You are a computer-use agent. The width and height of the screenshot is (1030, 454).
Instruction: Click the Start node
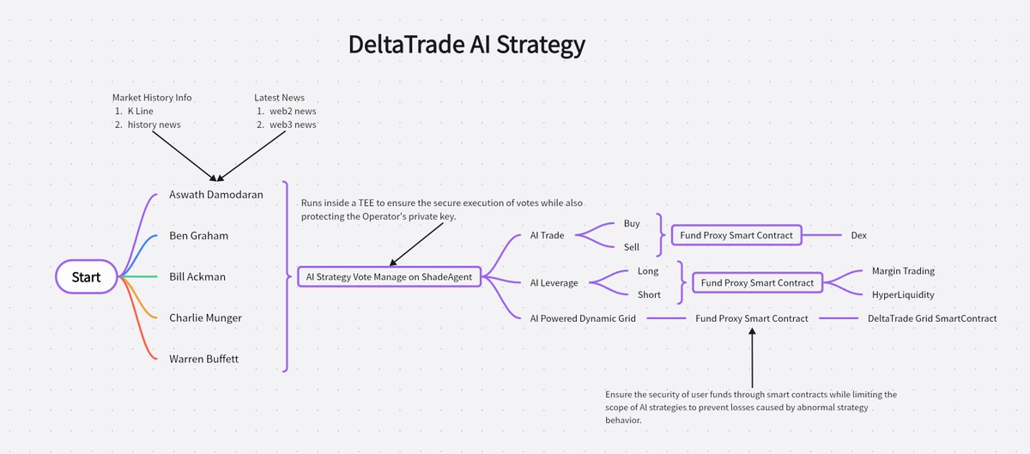click(x=85, y=276)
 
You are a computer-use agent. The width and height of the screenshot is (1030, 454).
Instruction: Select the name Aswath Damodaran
click(x=215, y=194)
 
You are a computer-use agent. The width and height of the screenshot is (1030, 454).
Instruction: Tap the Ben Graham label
click(x=198, y=235)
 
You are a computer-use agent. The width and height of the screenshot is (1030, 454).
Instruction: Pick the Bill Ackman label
click(x=198, y=276)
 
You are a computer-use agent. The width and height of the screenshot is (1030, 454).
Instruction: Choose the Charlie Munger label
click(x=205, y=318)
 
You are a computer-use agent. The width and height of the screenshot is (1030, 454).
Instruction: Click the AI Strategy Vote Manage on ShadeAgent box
click(x=389, y=276)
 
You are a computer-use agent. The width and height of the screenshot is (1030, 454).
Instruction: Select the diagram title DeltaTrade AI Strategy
click(x=466, y=45)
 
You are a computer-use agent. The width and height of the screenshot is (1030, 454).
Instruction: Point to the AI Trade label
click(x=542, y=235)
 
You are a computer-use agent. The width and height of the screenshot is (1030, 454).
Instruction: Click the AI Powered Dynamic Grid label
click(x=583, y=318)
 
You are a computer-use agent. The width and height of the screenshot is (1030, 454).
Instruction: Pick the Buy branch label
click(x=631, y=223)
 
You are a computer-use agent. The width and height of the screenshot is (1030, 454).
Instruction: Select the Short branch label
click(x=648, y=294)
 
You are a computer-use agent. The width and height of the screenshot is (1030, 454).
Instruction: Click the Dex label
click(x=858, y=235)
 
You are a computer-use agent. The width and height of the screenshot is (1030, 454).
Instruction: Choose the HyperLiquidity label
click(x=902, y=294)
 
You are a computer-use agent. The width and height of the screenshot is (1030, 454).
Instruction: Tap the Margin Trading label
click(x=902, y=271)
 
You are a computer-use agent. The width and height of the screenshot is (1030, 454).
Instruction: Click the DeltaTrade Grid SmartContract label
click(x=932, y=318)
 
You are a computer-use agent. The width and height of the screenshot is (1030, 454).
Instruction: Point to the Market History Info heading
click(x=152, y=98)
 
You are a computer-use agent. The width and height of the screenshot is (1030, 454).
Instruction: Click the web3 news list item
click(x=293, y=124)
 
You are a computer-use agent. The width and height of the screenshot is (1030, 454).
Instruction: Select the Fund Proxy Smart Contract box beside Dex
click(x=736, y=235)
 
